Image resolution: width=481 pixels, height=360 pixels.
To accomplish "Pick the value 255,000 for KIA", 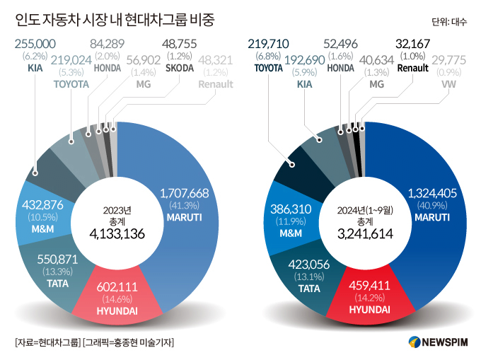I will click(35, 45).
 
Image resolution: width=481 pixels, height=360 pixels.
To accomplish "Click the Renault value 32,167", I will click(412, 45).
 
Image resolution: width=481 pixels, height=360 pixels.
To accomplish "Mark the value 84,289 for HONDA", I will click(108, 45).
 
